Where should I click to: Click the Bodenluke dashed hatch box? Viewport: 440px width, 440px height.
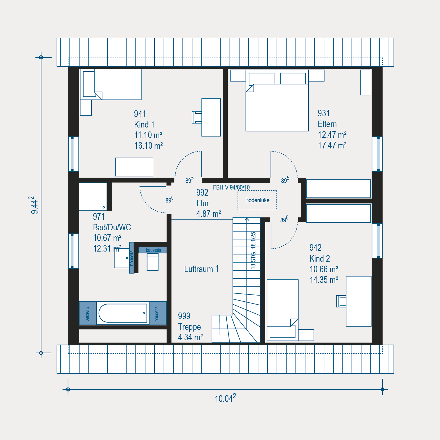point(257,191)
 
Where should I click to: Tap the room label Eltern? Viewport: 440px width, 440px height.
point(327,124)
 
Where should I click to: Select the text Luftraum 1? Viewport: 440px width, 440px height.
point(201,269)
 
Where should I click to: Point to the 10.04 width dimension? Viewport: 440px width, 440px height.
point(225,398)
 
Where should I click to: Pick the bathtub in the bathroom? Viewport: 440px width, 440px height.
point(123,313)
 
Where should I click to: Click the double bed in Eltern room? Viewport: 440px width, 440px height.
point(277,101)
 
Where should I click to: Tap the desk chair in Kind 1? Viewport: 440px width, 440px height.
point(197,117)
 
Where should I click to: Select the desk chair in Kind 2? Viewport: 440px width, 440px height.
point(341,301)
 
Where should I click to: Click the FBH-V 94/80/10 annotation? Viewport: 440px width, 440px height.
point(231,187)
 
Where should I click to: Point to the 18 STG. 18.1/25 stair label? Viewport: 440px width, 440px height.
point(253,250)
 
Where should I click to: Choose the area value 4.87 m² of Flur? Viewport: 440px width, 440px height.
point(209,214)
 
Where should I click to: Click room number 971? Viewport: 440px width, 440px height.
point(99,217)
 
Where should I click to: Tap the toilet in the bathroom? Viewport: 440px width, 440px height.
point(153,262)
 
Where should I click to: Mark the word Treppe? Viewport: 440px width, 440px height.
point(189,327)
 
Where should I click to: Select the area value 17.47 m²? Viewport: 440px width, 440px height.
point(332,145)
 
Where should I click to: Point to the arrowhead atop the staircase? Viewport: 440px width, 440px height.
point(247,219)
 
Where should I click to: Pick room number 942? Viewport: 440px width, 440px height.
point(315,248)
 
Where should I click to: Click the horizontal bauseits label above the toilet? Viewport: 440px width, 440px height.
point(153,250)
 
